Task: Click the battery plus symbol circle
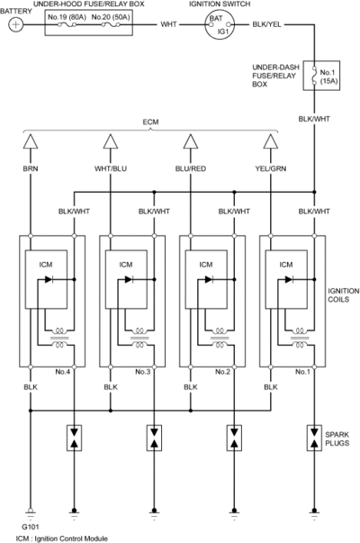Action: click(x=16, y=24)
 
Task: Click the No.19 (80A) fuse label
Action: click(x=67, y=16)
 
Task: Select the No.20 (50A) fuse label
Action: click(x=111, y=16)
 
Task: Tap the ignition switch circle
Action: click(x=220, y=24)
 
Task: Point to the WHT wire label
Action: click(x=168, y=24)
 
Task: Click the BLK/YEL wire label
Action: click(x=267, y=24)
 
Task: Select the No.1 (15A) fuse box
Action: click(x=321, y=76)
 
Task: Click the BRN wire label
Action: click(x=31, y=168)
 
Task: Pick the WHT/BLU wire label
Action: click(x=111, y=168)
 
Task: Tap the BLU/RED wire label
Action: click(x=191, y=168)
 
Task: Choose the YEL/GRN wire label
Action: click(x=271, y=168)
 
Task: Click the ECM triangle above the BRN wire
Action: click(x=31, y=141)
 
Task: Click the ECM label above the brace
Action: click(x=150, y=122)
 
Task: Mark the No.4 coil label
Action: click(x=63, y=372)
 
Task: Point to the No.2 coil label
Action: click(x=222, y=372)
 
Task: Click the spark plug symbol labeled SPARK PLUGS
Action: click(x=314, y=438)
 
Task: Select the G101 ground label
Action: click(x=31, y=527)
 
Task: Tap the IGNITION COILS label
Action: click(x=344, y=295)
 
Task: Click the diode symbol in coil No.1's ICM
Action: click(x=289, y=279)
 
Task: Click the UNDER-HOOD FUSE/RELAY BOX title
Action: click(x=88, y=5)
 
